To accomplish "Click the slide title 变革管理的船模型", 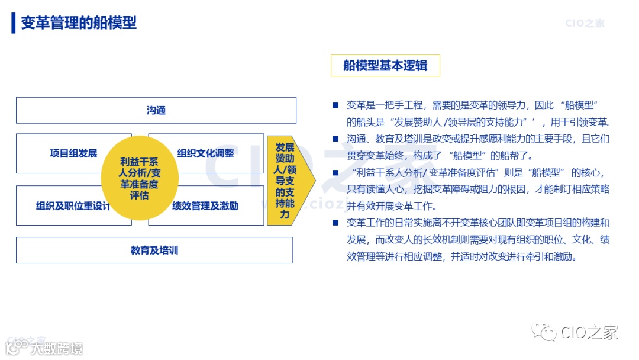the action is [79, 23].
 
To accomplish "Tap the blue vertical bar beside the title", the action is [14, 23].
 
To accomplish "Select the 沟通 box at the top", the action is [156, 110].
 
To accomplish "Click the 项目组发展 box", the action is [65, 153].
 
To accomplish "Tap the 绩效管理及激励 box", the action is [213, 205].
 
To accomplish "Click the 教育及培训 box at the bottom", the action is [154, 250].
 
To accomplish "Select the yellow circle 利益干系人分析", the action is [140, 178].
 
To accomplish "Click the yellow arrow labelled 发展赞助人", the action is [288, 181].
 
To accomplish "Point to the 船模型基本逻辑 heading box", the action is [385, 66].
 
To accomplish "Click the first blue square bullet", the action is [335, 105].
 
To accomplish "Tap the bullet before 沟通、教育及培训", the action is [335, 139].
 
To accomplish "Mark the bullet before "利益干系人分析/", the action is [335, 173].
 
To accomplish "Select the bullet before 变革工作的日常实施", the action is [335, 223].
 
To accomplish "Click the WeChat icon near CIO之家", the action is [544, 332].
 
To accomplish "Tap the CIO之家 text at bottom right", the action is [589, 332].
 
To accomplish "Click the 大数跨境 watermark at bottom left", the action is [57, 348].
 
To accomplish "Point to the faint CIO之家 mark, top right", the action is [585, 24].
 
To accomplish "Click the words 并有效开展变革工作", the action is [391, 206].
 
